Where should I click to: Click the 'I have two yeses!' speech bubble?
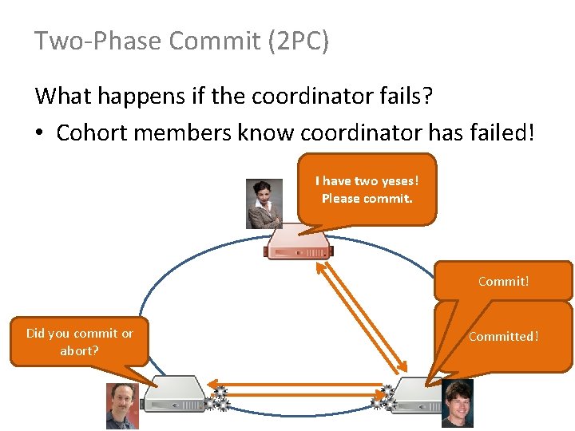(x=367, y=189)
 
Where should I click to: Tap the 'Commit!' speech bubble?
(x=503, y=281)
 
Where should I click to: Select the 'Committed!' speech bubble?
(x=503, y=336)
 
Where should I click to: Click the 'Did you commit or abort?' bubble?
(x=79, y=342)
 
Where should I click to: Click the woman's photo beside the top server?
(x=264, y=204)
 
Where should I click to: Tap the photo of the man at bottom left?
(x=122, y=405)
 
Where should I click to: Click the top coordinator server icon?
(x=299, y=243)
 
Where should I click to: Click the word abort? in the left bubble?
(x=79, y=350)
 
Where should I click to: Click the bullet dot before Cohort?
(x=40, y=133)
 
